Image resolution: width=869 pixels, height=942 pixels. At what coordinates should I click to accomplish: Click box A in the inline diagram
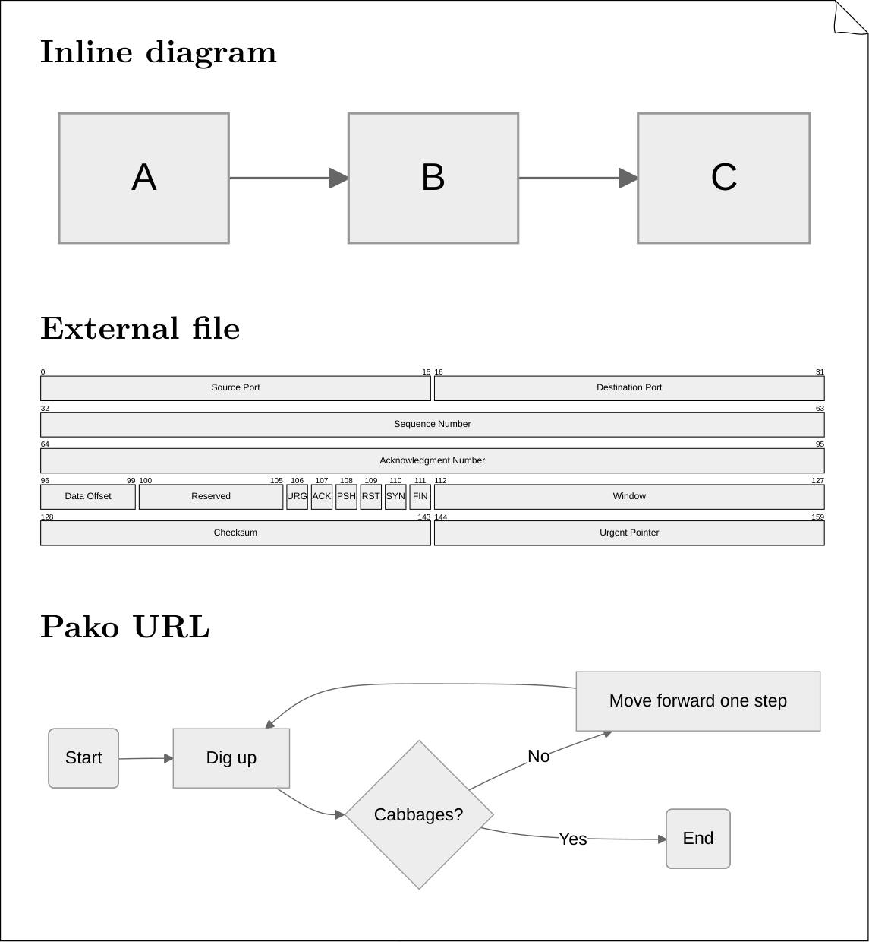pyautogui.click(x=144, y=179)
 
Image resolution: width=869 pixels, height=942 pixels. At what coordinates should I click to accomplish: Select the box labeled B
pyautogui.click(x=433, y=179)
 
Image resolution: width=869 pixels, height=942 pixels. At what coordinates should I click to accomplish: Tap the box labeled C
pyautogui.click(x=724, y=179)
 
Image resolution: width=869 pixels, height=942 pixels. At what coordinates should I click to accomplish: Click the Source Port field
pyautogui.click(x=235, y=388)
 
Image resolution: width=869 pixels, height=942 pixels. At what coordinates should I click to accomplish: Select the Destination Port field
pyautogui.click(x=629, y=388)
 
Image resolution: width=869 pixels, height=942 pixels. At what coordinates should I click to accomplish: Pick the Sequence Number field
pyautogui.click(x=432, y=425)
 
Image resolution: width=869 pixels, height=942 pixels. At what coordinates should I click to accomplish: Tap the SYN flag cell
pyautogui.click(x=395, y=497)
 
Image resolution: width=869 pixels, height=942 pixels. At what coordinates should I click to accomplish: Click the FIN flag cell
pyautogui.click(x=420, y=497)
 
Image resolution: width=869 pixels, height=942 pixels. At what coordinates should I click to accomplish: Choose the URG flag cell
pyautogui.click(x=297, y=497)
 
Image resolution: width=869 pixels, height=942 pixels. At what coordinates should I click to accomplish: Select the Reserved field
pyautogui.click(x=211, y=497)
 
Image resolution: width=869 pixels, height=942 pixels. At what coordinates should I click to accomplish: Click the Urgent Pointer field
pyautogui.click(x=629, y=533)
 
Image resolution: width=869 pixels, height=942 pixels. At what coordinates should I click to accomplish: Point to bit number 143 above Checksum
pyautogui.click(x=424, y=517)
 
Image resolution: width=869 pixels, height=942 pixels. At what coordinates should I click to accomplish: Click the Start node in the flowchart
pyautogui.click(x=83, y=758)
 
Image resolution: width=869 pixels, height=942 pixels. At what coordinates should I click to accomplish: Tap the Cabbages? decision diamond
pyautogui.click(x=419, y=814)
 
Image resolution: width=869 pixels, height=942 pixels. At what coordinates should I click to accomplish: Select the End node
pyautogui.click(x=698, y=839)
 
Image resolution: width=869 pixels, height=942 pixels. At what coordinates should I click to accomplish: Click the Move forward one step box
pyautogui.click(x=698, y=701)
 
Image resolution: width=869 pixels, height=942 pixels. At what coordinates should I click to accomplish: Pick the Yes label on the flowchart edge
pyautogui.click(x=573, y=839)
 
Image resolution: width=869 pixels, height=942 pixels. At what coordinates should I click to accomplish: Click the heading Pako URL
pyautogui.click(x=125, y=627)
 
